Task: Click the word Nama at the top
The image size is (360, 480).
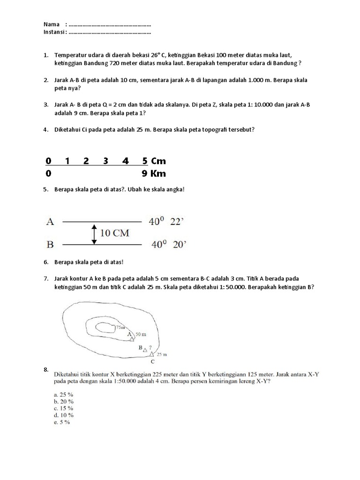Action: (x=51, y=24)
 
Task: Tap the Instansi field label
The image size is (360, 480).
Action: (x=54, y=32)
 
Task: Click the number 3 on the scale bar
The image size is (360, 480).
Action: (x=105, y=161)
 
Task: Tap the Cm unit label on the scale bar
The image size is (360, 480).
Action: (x=158, y=161)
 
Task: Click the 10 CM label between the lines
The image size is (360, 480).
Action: (x=114, y=233)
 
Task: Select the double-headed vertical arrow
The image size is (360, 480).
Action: (x=94, y=233)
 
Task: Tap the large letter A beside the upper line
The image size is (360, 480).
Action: (x=50, y=222)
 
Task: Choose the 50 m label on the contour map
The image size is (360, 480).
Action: (x=141, y=334)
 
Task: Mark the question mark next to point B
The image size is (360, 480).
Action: (x=150, y=348)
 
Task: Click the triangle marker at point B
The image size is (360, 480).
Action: (x=145, y=350)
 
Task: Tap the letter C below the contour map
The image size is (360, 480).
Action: (x=152, y=361)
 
